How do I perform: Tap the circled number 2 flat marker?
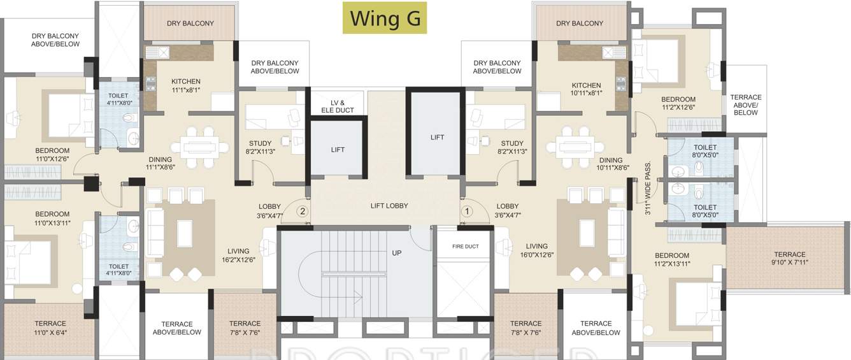[x=303, y=210]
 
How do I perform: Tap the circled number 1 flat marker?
[x=467, y=210]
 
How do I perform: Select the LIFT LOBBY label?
[x=389, y=206]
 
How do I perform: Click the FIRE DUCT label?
[x=465, y=246]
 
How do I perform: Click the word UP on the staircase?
[x=396, y=253]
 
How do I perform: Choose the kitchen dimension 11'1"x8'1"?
[x=186, y=90]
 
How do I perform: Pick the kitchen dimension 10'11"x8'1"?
[x=586, y=93]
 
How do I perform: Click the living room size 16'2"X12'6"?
[x=238, y=260]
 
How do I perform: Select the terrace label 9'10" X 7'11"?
[x=789, y=262]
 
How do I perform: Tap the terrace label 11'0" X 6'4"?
[x=50, y=332]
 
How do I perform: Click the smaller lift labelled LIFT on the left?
[x=338, y=149]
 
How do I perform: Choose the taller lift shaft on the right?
[x=436, y=136]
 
